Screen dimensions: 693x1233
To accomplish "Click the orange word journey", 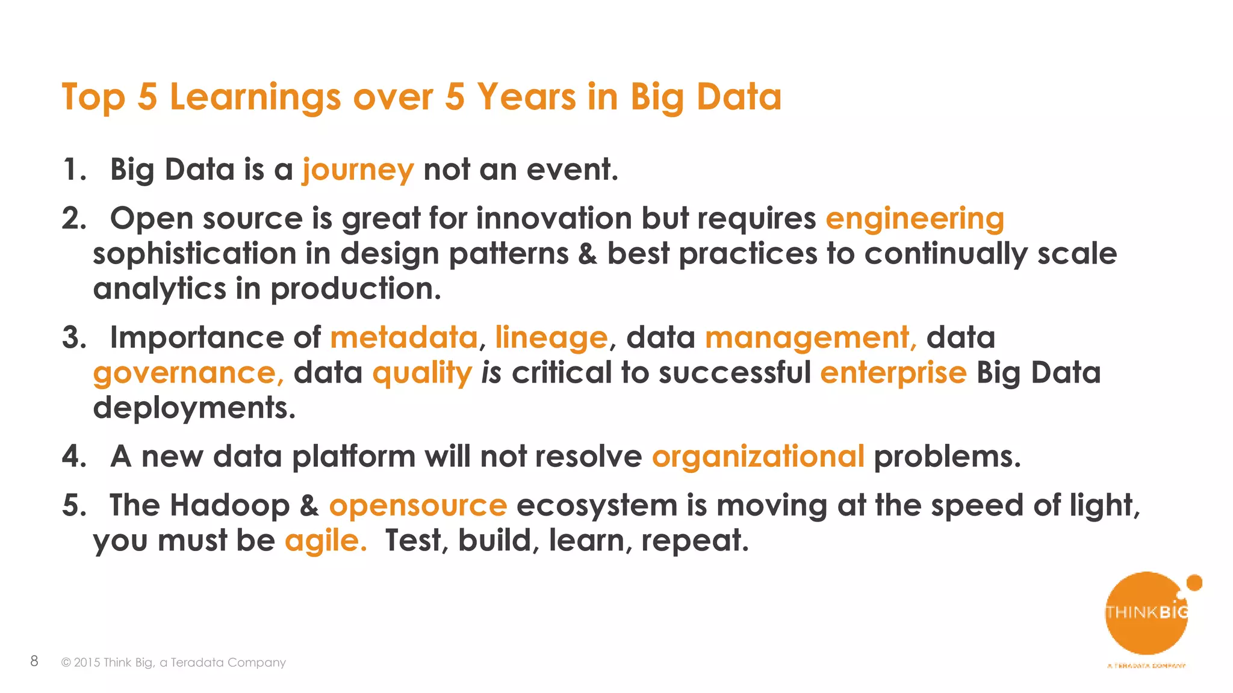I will (x=358, y=170).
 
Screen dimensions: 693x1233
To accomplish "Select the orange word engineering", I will (x=915, y=219).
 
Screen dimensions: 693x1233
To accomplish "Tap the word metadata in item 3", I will (x=403, y=337).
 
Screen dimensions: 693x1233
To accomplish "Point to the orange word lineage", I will (x=551, y=337).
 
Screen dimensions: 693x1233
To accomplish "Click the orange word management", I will (x=810, y=337).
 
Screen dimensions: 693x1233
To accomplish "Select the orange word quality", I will (x=422, y=373).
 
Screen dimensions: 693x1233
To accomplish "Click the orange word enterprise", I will (x=893, y=373).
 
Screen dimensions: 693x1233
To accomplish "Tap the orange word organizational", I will (x=758, y=457).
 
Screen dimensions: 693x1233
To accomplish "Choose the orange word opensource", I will (x=418, y=505).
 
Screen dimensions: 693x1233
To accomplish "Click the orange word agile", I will (x=325, y=541).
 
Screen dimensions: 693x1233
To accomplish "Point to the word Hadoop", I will (x=229, y=505).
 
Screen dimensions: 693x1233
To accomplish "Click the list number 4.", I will (x=73, y=457).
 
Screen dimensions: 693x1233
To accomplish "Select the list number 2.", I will (x=73, y=219).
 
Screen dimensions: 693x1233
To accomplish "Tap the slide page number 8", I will (x=34, y=661).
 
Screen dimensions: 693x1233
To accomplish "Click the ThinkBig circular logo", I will (x=1146, y=614).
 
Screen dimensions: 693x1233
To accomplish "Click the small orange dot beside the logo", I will (x=1194, y=582).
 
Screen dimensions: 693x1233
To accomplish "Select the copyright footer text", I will (x=173, y=662).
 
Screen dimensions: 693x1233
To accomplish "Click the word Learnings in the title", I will (x=255, y=97).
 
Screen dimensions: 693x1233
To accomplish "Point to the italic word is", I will (x=491, y=373).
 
